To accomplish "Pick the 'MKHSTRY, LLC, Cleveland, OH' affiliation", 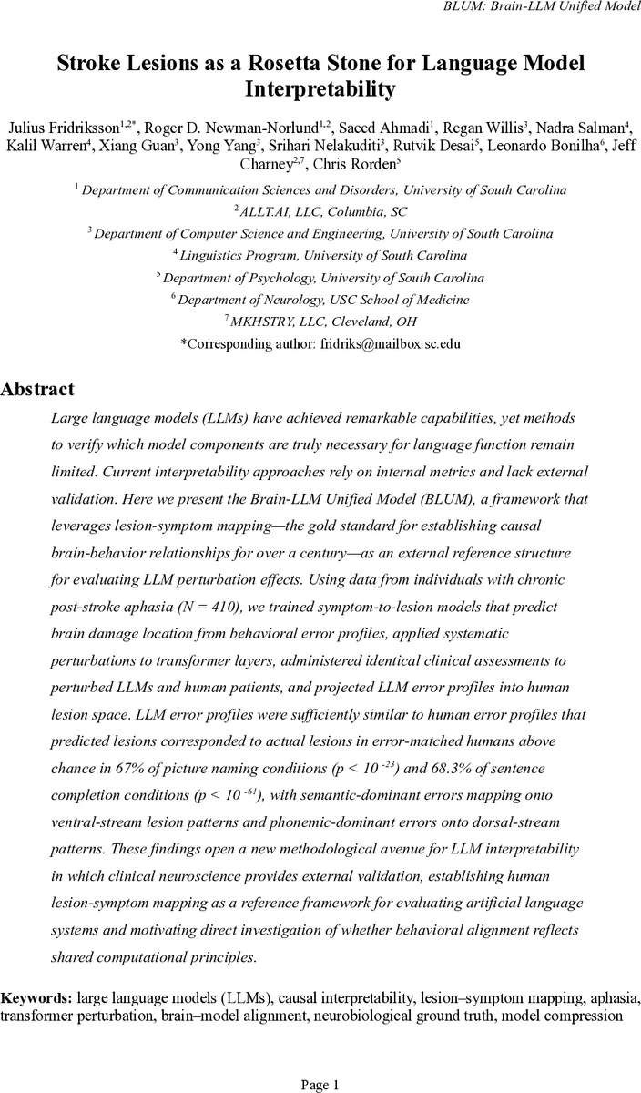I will tap(321, 321).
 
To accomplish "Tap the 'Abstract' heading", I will tap(37, 389).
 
